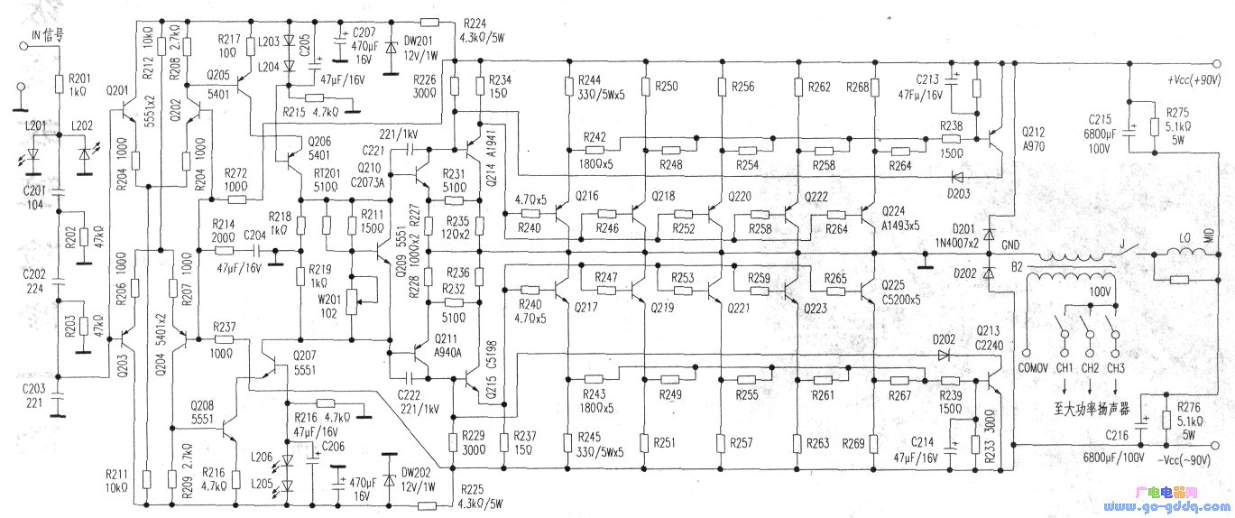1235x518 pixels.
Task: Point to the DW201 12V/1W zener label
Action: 419,47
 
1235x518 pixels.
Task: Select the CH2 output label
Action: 1090,368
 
